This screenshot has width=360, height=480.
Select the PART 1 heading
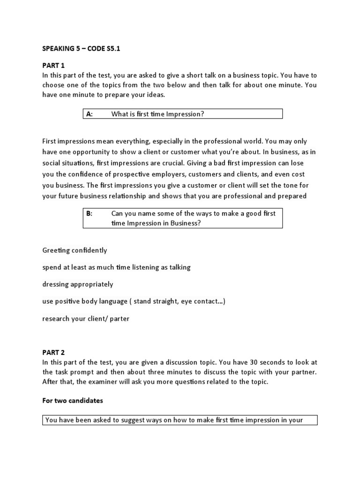53,67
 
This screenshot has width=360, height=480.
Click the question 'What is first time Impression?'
157,114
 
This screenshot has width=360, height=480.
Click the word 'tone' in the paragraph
285,185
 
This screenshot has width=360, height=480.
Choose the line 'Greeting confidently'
75,250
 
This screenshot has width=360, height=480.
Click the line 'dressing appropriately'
77,284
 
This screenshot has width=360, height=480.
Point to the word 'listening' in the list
141,267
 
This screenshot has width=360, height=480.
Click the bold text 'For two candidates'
73,401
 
